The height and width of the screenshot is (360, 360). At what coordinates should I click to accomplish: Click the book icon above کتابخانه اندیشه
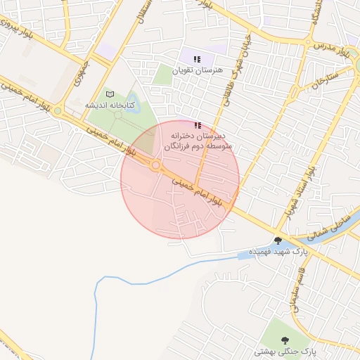[x=109, y=94]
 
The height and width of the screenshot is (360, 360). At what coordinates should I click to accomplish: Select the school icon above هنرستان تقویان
[x=198, y=58]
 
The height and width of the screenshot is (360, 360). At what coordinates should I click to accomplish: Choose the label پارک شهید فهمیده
[x=278, y=251]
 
